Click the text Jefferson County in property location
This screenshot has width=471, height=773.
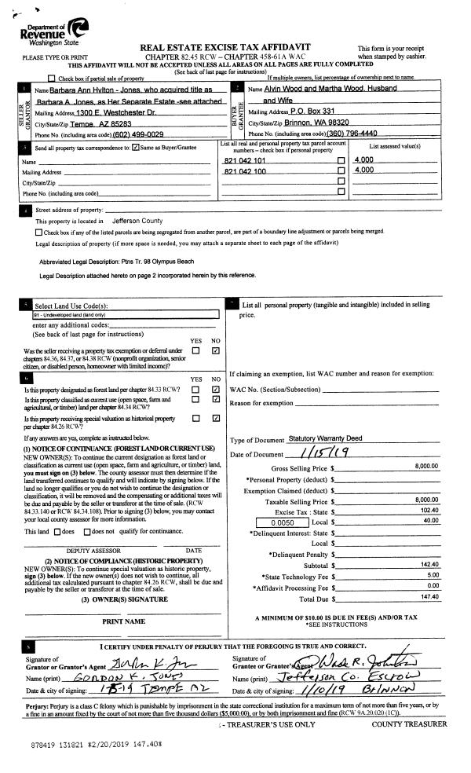(x=137, y=221)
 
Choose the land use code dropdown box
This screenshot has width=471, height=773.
(x=118, y=314)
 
